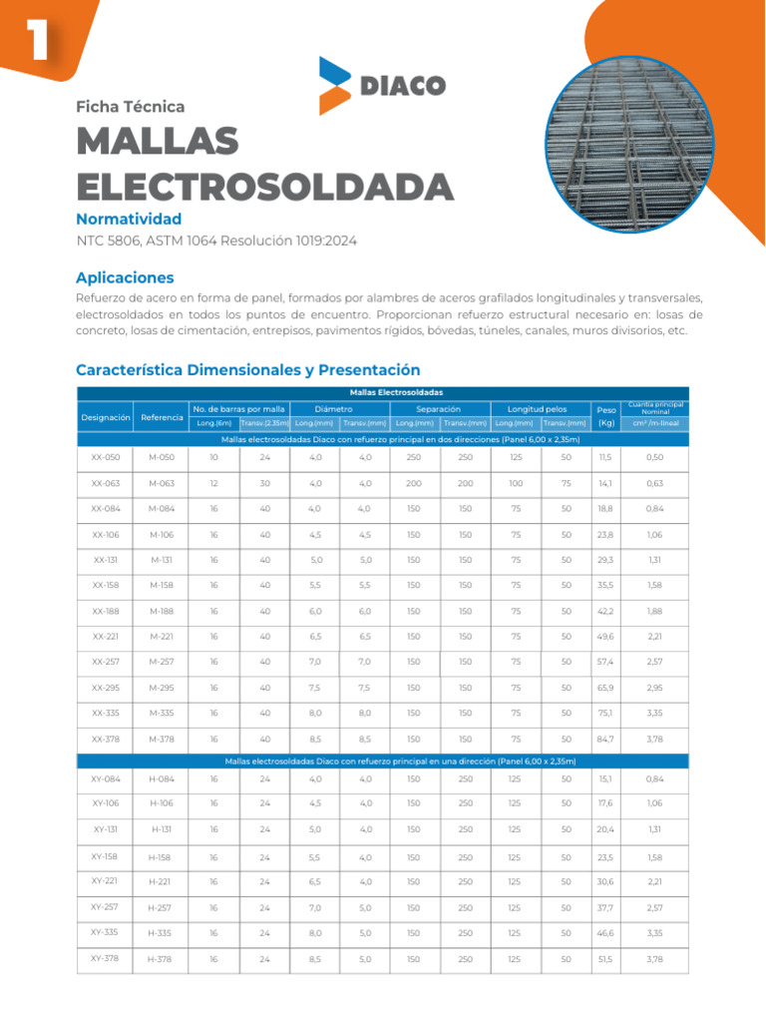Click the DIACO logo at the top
coord(382,85)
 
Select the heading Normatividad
coord(129,218)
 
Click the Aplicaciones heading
coord(125,277)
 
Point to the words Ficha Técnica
coord(131,107)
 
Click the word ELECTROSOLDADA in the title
coord(264,186)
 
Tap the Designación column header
coord(107,416)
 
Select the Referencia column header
coord(162,416)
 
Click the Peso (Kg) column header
coord(605,416)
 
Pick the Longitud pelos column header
coord(537,409)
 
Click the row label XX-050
coord(106,457)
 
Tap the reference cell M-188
coord(162,612)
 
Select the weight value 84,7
coord(605,741)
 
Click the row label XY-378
coord(105,958)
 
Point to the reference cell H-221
coord(161,881)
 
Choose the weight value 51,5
coord(605,959)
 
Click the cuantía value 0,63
coord(654,483)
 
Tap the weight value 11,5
coord(605,457)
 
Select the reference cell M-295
coord(162,689)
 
